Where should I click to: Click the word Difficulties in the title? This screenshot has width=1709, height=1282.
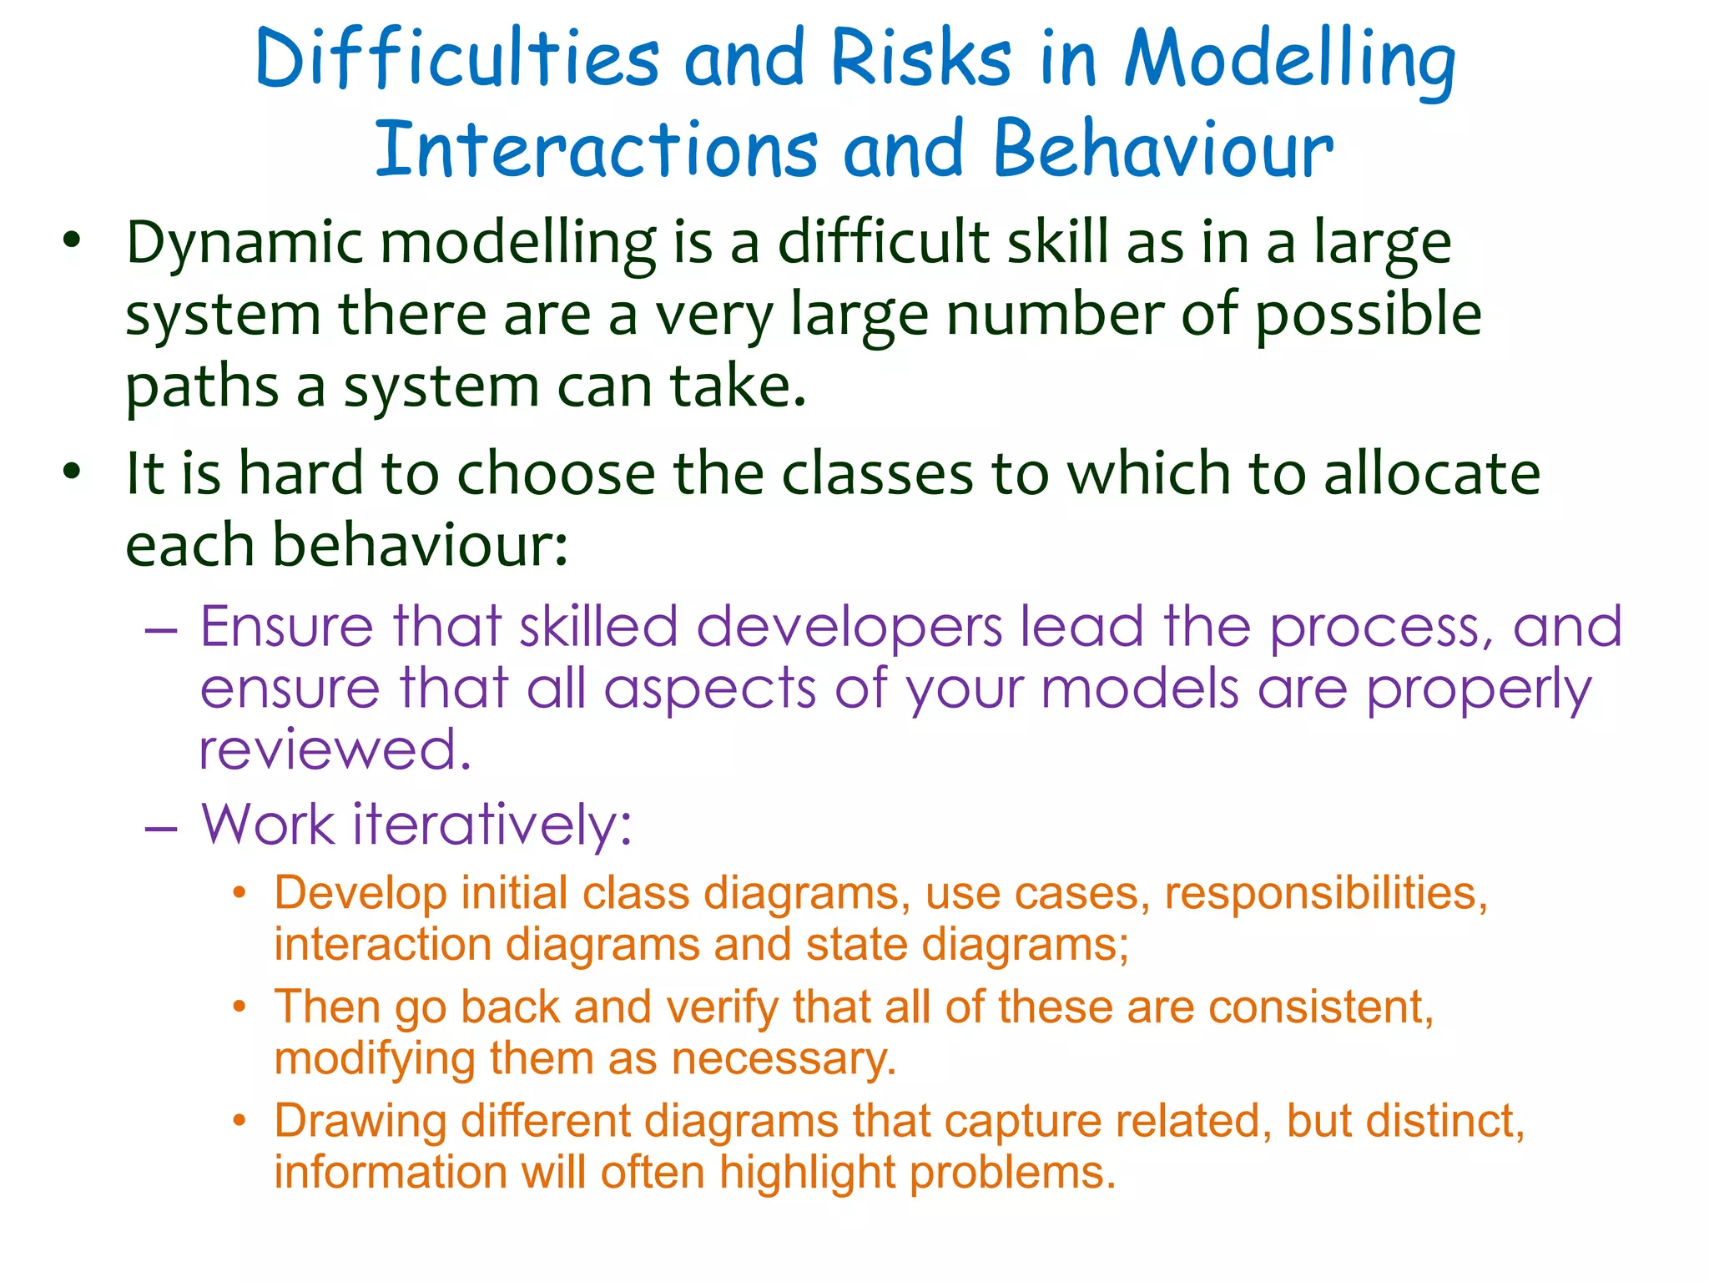pyautogui.click(x=457, y=60)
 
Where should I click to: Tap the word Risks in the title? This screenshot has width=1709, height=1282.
pyautogui.click(x=921, y=60)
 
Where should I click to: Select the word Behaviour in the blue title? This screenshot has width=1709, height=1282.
pyautogui.click(x=1163, y=150)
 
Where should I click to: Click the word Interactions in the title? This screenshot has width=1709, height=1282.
pyautogui.click(x=597, y=150)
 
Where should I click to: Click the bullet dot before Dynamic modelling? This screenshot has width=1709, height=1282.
pyautogui.click(x=73, y=240)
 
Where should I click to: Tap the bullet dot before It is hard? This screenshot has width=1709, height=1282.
pyautogui.click(x=73, y=472)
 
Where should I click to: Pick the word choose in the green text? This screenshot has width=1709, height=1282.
pyautogui.click(x=557, y=473)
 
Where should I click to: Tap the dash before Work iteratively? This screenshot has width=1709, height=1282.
pyautogui.click(x=160, y=828)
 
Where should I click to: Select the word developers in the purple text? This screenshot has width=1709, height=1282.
pyautogui.click(x=849, y=628)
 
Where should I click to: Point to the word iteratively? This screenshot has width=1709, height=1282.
pyautogui.click(x=492, y=825)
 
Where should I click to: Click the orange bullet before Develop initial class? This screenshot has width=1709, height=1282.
pyautogui.click(x=239, y=893)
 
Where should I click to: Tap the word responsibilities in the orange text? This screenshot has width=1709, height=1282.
pyautogui.click(x=1325, y=893)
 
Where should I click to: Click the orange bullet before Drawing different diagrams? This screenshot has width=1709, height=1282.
pyautogui.click(x=239, y=1121)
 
